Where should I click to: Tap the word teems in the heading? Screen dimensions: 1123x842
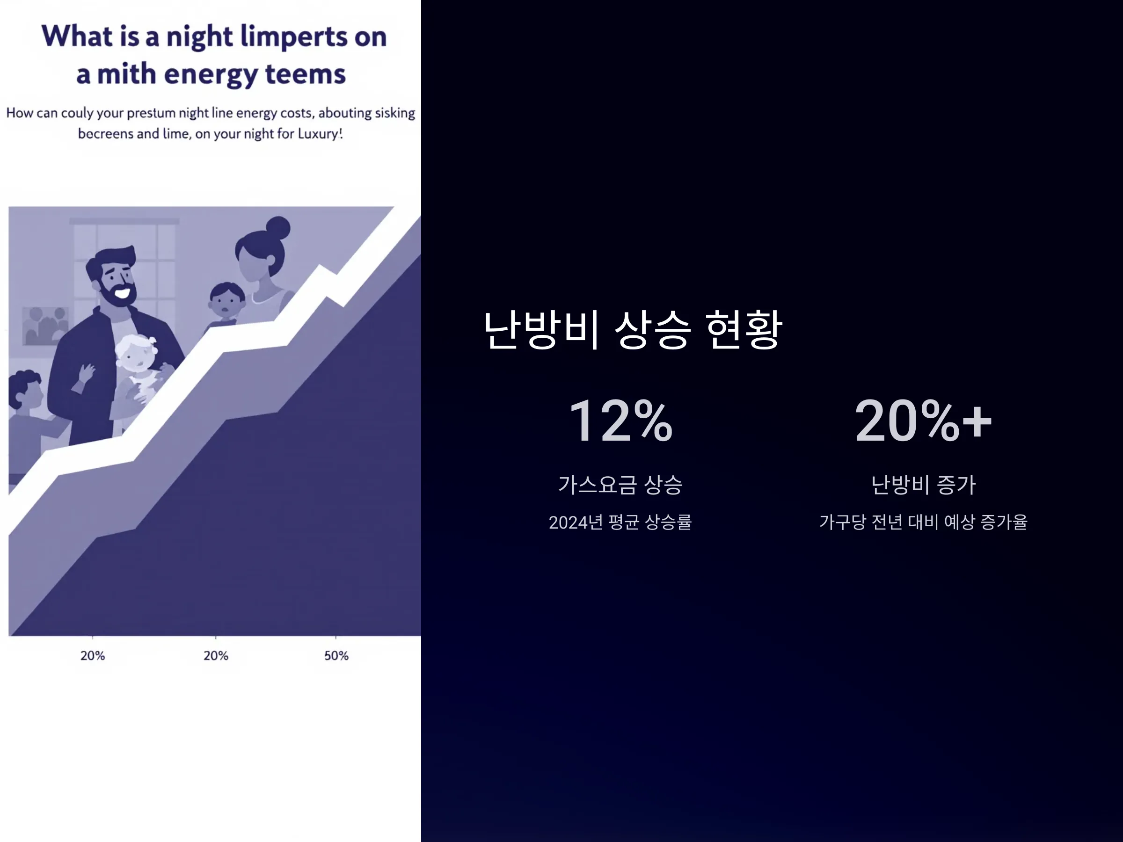pos(306,74)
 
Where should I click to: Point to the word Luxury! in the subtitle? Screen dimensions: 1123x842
pos(321,133)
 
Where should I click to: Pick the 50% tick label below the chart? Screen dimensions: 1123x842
pos(336,656)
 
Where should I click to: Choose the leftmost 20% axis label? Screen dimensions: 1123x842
pos(92,656)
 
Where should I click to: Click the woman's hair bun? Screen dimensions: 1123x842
pos(278,228)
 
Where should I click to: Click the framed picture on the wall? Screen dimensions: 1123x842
pos(44,325)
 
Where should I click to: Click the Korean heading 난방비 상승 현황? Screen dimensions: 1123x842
pos(633,330)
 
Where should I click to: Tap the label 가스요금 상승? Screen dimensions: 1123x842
pos(620,485)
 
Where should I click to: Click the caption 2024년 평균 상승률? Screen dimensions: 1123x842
pos(620,522)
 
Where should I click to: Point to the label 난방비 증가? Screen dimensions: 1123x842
pos(924,485)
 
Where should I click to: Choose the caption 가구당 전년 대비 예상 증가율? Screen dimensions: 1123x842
pos(924,522)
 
